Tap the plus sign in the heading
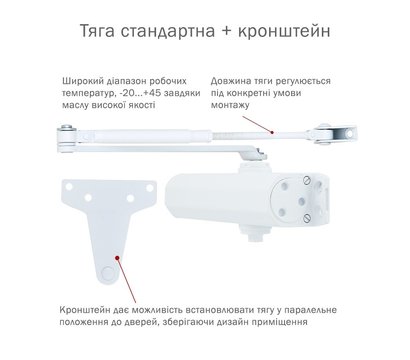[228, 31]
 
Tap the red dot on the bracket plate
[118, 257]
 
